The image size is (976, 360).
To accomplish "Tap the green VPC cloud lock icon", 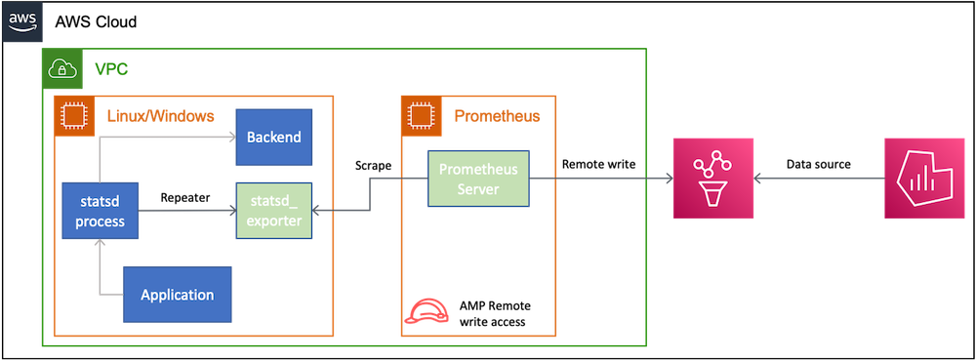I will click(x=61, y=68).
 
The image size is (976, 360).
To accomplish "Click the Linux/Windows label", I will click(x=160, y=116).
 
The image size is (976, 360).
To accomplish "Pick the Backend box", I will click(x=273, y=137).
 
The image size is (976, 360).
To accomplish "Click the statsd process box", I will click(x=100, y=210).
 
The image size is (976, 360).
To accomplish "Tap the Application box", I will click(x=178, y=294).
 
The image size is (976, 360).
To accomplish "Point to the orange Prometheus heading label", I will click(x=497, y=116).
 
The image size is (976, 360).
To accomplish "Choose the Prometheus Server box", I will click(x=479, y=179).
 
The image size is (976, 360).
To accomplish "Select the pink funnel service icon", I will click(x=713, y=178).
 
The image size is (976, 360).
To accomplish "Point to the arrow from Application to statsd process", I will click(x=101, y=273).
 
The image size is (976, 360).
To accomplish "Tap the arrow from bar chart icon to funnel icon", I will click(x=820, y=179).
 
